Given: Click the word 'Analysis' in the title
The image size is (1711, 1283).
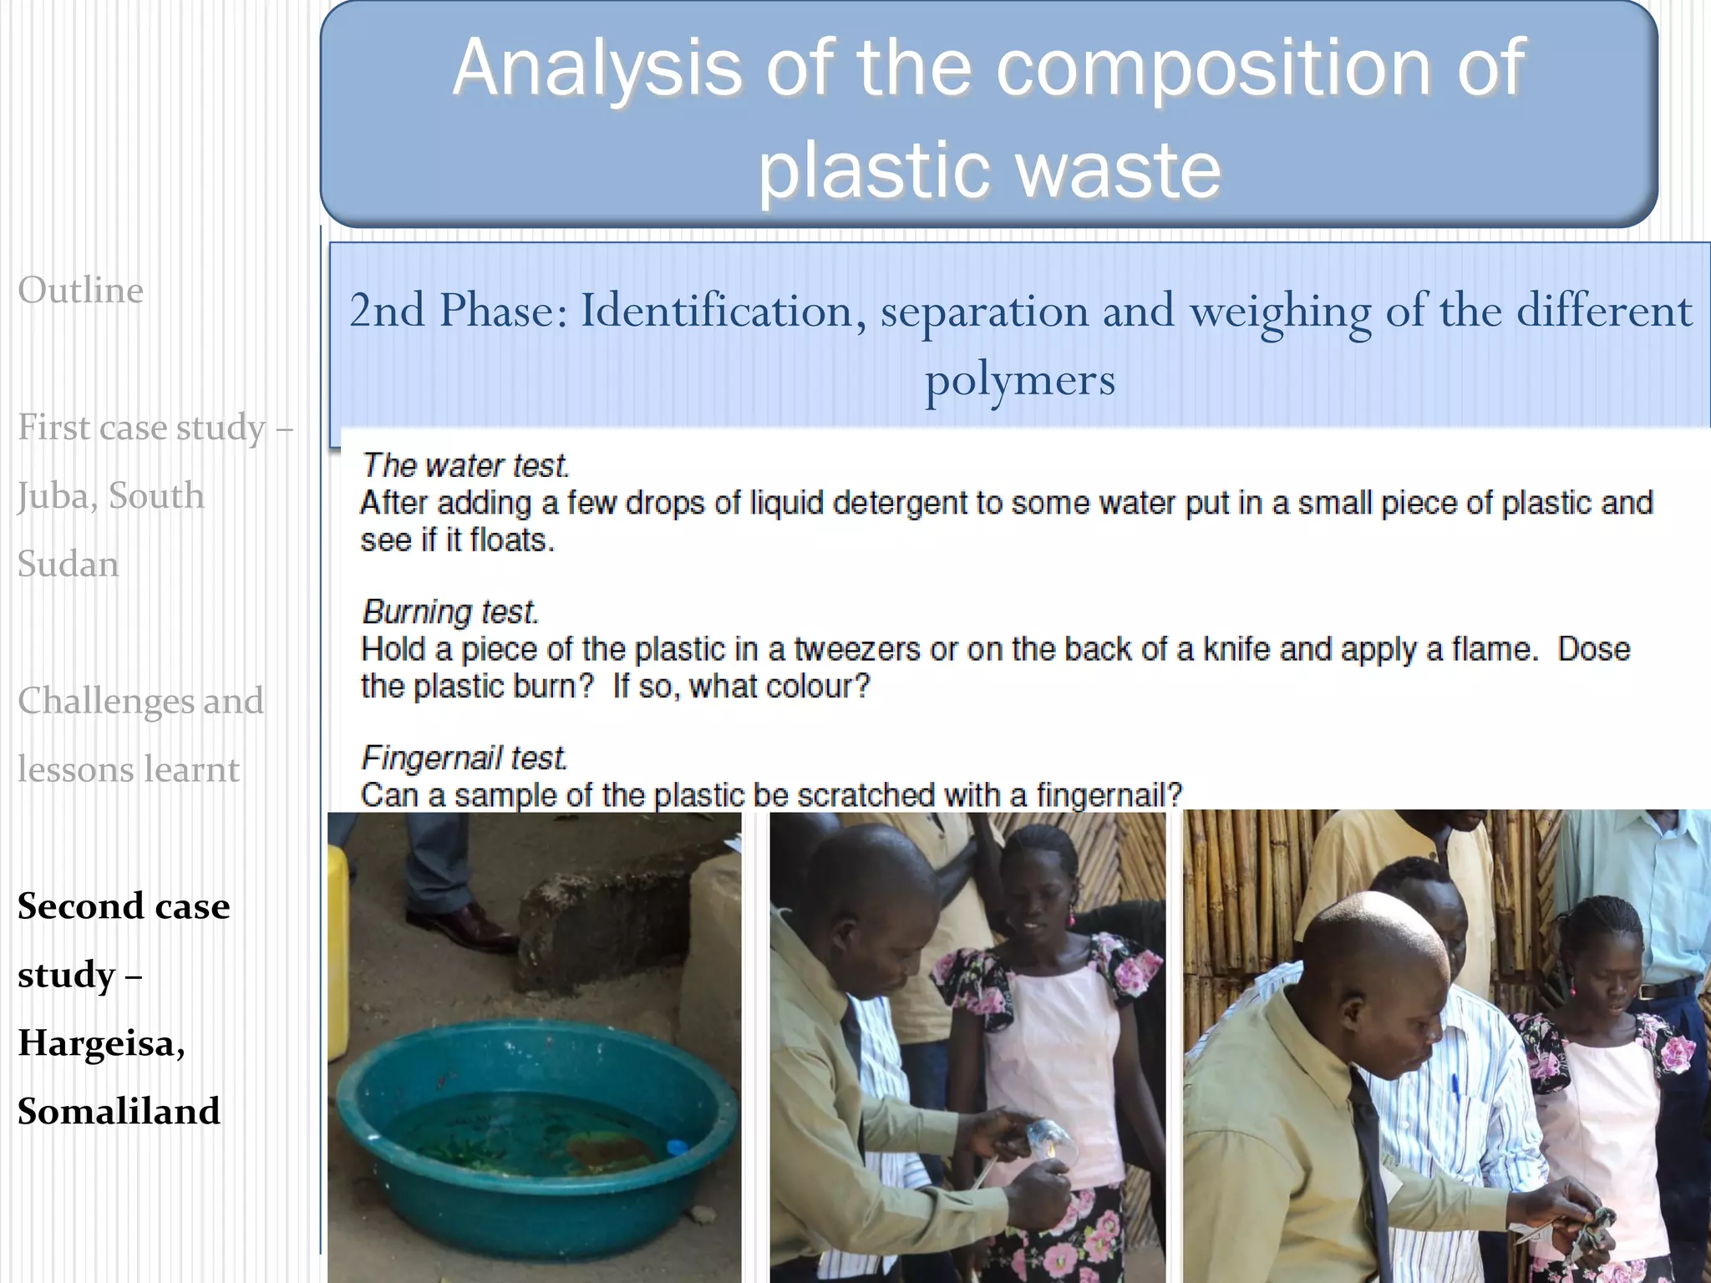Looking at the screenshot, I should (x=597, y=68).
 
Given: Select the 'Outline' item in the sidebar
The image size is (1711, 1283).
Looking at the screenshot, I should (x=81, y=292).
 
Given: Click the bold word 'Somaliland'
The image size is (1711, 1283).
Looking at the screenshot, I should (x=119, y=1112).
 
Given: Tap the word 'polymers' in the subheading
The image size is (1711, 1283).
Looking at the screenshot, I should (x=1019, y=380).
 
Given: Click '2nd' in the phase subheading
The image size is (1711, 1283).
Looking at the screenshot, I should (x=387, y=311).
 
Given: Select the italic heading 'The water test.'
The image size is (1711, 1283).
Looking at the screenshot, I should (x=465, y=465).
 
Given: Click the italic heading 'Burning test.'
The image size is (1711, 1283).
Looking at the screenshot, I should (x=450, y=611).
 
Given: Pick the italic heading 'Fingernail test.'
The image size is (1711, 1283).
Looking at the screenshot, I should (x=464, y=758).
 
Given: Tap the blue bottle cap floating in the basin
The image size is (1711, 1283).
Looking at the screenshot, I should (x=677, y=1146).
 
